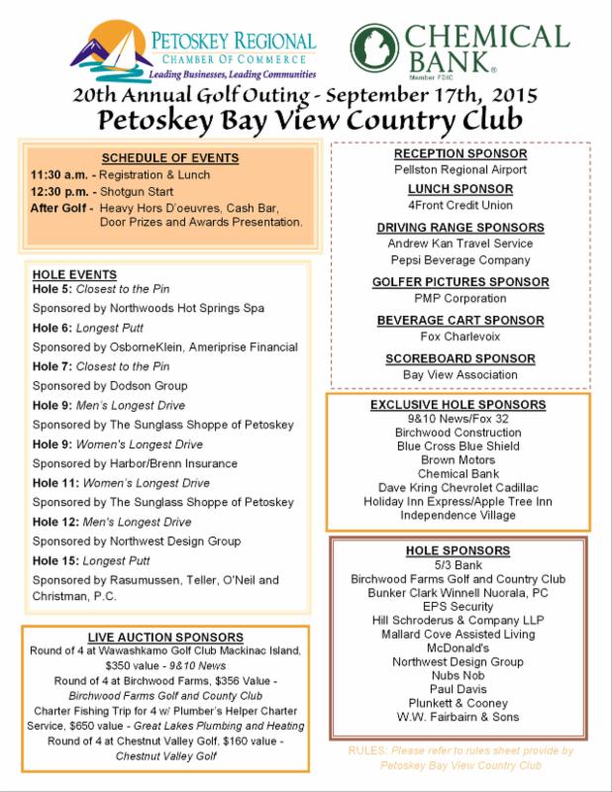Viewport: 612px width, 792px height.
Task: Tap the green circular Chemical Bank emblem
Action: click(372, 48)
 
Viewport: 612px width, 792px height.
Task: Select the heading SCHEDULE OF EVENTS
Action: click(169, 158)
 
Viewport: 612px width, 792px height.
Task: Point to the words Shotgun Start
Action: click(139, 191)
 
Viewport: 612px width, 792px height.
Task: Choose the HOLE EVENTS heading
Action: click(74, 274)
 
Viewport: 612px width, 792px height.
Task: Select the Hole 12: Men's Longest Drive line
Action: click(112, 522)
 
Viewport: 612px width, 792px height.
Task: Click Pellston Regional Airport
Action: click(459, 169)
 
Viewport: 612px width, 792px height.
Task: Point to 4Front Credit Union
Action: click(459, 206)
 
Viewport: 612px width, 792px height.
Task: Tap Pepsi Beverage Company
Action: click(459, 260)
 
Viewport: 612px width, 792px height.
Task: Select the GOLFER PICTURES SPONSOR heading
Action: click(459, 282)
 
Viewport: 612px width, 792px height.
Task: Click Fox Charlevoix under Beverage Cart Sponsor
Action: click(459, 337)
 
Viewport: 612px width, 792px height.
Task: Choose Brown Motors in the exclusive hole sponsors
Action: click(458, 460)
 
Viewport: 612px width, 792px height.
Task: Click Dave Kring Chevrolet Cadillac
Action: click(458, 488)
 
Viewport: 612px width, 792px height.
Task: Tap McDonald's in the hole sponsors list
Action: click(458, 647)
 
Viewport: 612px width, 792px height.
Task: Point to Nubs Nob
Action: click(458, 675)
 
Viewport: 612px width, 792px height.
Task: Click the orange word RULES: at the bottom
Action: click(366, 750)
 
